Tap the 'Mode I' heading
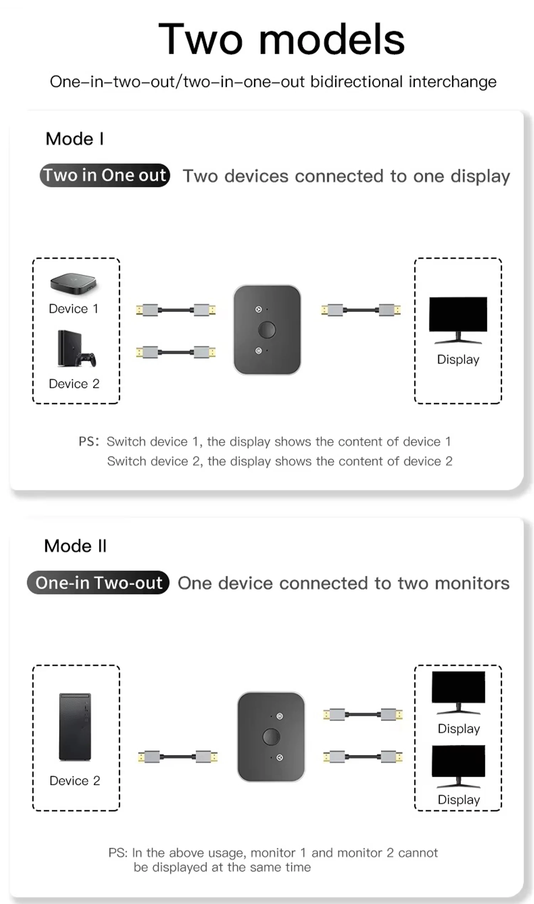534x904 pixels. (75, 139)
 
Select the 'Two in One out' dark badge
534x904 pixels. (105, 175)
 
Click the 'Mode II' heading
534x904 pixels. (75, 546)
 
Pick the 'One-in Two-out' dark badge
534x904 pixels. (98, 582)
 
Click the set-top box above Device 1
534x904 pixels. (74, 284)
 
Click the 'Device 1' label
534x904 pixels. (73, 308)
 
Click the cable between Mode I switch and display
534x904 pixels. (361, 310)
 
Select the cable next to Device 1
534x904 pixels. (176, 310)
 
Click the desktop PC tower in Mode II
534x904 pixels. (75, 727)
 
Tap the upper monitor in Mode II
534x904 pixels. (458, 692)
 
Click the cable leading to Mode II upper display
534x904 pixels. (363, 715)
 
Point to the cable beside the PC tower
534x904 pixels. (178, 757)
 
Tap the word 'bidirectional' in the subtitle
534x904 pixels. (356, 82)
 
